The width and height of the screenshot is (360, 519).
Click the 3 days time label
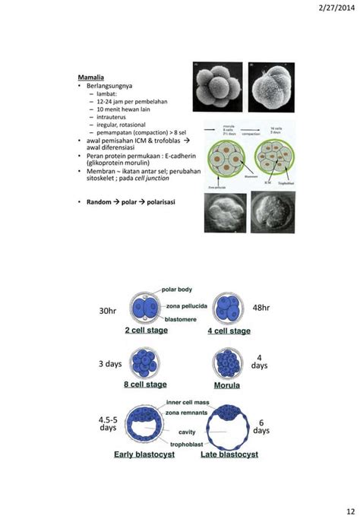tap(110, 364)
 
